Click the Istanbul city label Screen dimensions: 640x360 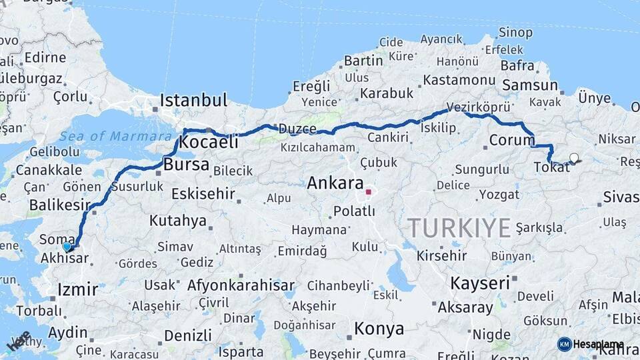pyautogui.click(x=193, y=101)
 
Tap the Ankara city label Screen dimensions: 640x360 pyautogui.click(x=335, y=183)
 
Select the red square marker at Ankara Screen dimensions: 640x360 pyautogui.click(x=368, y=192)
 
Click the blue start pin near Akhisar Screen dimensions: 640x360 pyautogui.click(x=67, y=247)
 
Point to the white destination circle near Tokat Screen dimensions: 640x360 pyautogui.click(x=574, y=158)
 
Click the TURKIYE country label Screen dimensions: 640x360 pyautogui.click(x=459, y=228)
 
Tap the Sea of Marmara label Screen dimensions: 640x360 pyautogui.click(x=115, y=137)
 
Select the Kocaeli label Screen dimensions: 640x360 pyautogui.click(x=209, y=142)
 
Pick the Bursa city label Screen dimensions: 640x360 pyautogui.click(x=186, y=164)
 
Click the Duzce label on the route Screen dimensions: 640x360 pyautogui.click(x=297, y=129)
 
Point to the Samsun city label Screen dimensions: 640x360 pyautogui.click(x=530, y=85)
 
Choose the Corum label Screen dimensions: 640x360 pyautogui.click(x=512, y=140)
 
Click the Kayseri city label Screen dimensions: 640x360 pyautogui.click(x=480, y=283)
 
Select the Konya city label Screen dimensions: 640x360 pyautogui.click(x=379, y=329)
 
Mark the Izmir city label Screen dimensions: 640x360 pyautogui.click(x=78, y=289)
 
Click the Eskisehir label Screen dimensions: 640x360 pyautogui.click(x=203, y=194)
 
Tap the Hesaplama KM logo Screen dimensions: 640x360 pyautogui.click(x=591, y=344)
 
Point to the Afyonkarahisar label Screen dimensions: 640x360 pyautogui.click(x=241, y=285)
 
